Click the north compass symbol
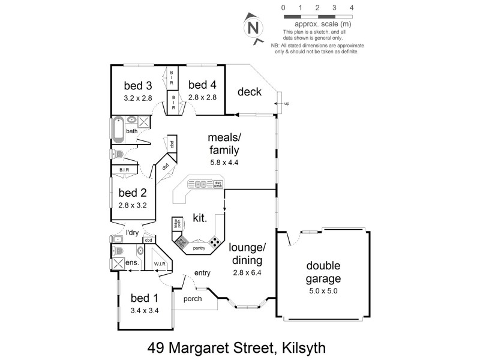coord(253,28)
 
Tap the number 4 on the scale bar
coord(351,8)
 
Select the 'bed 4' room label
coord(201,85)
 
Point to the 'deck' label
coord(249,92)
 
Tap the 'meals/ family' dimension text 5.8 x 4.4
coord(224,162)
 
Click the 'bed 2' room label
coord(133,193)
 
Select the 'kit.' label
coord(200,218)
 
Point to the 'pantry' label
coord(199,247)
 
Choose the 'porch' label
coord(193,298)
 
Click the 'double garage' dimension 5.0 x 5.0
coord(323,292)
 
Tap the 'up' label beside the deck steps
coord(286,104)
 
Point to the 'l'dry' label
coord(133,232)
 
